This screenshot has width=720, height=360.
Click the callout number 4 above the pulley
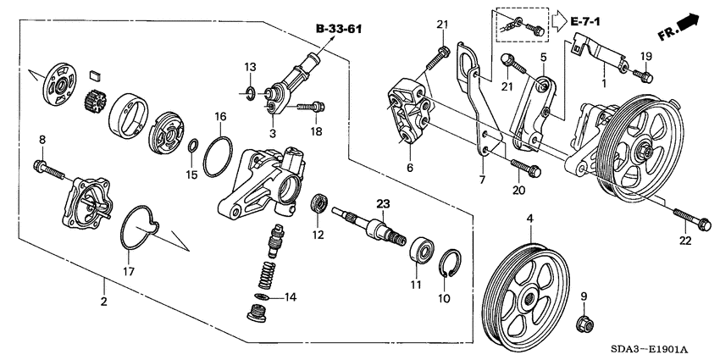coord(529,219)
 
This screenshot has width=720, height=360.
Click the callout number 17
coord(129,271)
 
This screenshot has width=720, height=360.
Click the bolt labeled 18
coord(313,107)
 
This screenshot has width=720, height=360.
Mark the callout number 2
coord(103,301)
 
